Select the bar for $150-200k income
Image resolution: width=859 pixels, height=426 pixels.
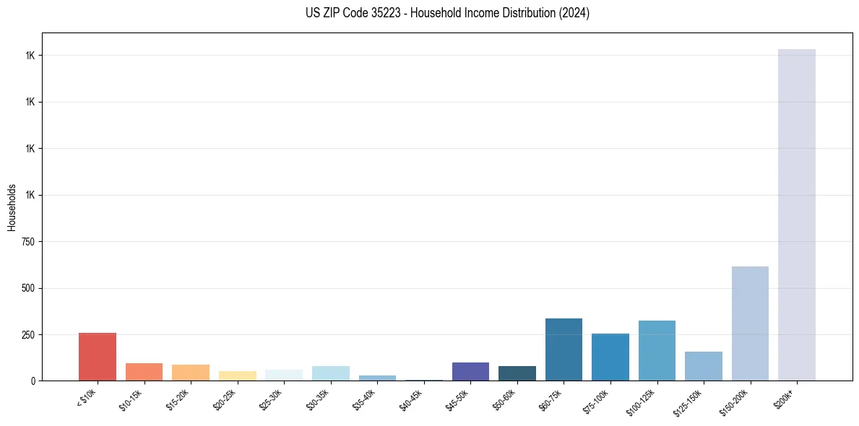tap(750, 323)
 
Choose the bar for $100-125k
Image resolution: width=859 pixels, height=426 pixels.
tap(657, 350)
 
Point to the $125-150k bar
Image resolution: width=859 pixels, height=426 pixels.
tap(703, 366)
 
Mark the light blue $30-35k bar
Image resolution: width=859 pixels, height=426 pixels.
tap(331, 373)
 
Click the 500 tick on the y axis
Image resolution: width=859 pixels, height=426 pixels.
tap(29, 288)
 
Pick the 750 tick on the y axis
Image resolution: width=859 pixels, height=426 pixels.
tap(29, 242)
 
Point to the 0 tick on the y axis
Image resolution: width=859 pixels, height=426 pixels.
tap(33, 381)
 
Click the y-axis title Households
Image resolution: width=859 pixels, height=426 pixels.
tap(12, 207)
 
